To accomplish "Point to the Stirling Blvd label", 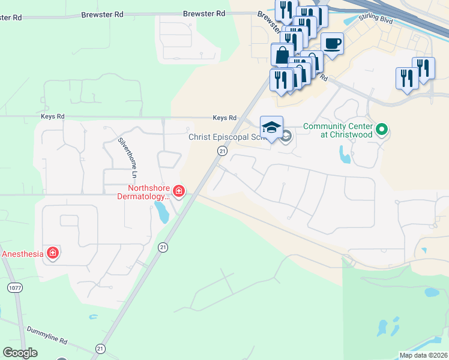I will pos(376,18).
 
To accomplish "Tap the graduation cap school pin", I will pos(271,127).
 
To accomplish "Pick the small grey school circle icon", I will pos(286,136).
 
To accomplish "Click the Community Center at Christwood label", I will pos(338,130).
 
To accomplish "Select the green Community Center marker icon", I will pos(381,129).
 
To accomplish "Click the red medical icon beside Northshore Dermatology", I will pos(178,191).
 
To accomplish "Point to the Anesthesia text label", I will pos(23,254).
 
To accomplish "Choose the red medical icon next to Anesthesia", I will pos(53,253).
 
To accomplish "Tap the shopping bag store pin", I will pos(282,55).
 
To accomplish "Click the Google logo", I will pos(20,353).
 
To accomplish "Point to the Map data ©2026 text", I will pos(423,355).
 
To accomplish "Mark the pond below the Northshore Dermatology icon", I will pos(161,212).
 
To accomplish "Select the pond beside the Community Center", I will pos(345,155).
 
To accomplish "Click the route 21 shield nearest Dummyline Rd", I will pos(100,348).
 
